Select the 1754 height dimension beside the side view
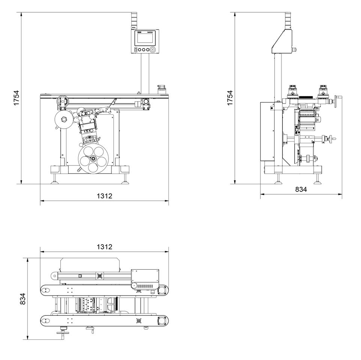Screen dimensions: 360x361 (x=230, y=98)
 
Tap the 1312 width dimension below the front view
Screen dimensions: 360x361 (x=104, y=196)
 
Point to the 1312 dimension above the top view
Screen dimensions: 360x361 (x=104, y=247)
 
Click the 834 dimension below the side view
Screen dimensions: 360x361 (x=301, y=189)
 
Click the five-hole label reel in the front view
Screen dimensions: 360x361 (x=92, y=159)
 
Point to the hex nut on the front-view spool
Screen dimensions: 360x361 (x=63, y=120)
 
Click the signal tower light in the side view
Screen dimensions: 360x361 (x=287, y=21)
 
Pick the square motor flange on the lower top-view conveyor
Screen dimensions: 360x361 (x=162, y=321)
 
